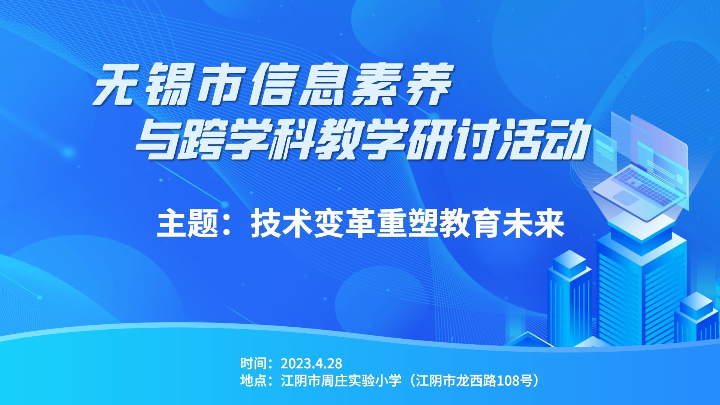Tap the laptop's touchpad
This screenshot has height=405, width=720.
626,198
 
